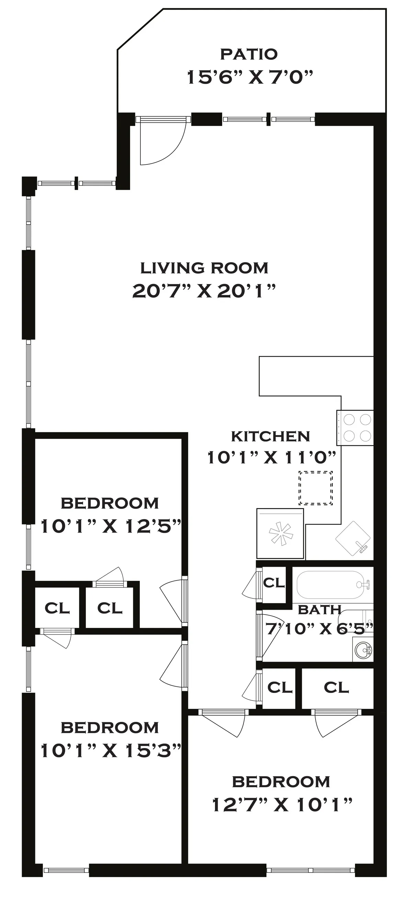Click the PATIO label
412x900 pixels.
point(249,54)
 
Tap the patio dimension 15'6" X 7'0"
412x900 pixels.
point(250,77)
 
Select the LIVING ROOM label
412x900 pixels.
point(204,268)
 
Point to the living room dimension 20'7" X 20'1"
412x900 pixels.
point(204,291)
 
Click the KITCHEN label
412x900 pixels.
point(270,436)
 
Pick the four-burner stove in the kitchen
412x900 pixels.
point(355,427)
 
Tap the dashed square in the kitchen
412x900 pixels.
point(316,488)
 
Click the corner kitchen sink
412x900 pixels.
point(353,539)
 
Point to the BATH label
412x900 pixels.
point(319,610)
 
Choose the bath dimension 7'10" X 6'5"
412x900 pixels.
point(319,629)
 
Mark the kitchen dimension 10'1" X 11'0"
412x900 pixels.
point(272,457)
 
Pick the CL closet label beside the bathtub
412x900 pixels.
point(274,583)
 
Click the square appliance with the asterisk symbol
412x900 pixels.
point(280,533)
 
